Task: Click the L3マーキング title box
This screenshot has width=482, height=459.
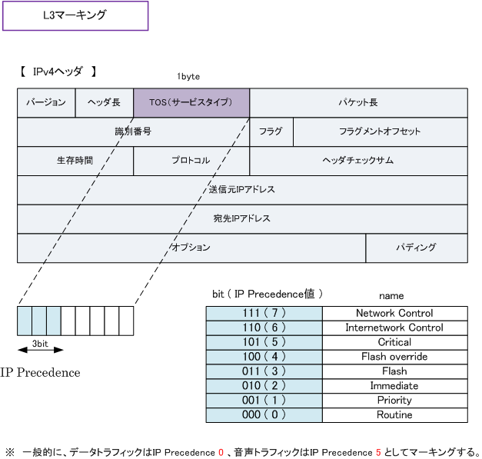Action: tap(74, 15)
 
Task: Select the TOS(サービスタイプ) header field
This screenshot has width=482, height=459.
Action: tap(191, 102)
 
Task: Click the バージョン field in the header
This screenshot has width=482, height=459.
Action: tap(46, 102)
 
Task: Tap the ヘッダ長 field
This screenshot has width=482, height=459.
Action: tap(104, 102)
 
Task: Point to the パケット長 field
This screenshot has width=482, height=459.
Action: tap(358, 102)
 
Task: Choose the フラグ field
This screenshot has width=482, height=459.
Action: tap(271, 131)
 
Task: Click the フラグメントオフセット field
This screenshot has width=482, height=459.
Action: tap(380, 131)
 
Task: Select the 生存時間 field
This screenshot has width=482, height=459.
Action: tap(75, 161)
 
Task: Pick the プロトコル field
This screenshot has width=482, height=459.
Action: tap(191, 161)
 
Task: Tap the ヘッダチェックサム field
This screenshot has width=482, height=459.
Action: tap(358, 161)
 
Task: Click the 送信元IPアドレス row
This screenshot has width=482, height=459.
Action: tap(241, 189)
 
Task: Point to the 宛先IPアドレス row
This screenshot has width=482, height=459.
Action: tap(241, 218)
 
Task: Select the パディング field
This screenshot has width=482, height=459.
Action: tap(416, 248)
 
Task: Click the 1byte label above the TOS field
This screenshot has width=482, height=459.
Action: tap(189, 78)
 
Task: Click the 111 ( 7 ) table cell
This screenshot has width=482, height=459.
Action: tap(264, 313)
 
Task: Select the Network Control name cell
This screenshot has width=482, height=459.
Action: tap(394, 313)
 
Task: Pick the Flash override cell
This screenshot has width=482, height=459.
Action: tap(394, 357)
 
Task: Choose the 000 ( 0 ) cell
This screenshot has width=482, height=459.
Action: tap(264, 415)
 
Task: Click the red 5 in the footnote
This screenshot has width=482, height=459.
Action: tap(377, 451)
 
